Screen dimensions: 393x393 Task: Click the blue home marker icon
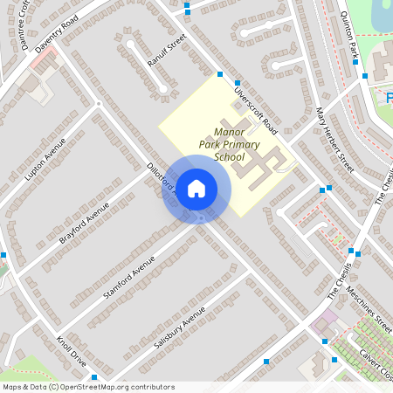196,188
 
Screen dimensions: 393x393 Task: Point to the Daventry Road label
57,33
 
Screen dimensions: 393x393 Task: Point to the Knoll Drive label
72,351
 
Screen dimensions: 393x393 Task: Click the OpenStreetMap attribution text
87,387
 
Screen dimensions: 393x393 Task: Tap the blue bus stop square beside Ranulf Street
187,10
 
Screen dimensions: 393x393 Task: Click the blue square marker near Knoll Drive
93,377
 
